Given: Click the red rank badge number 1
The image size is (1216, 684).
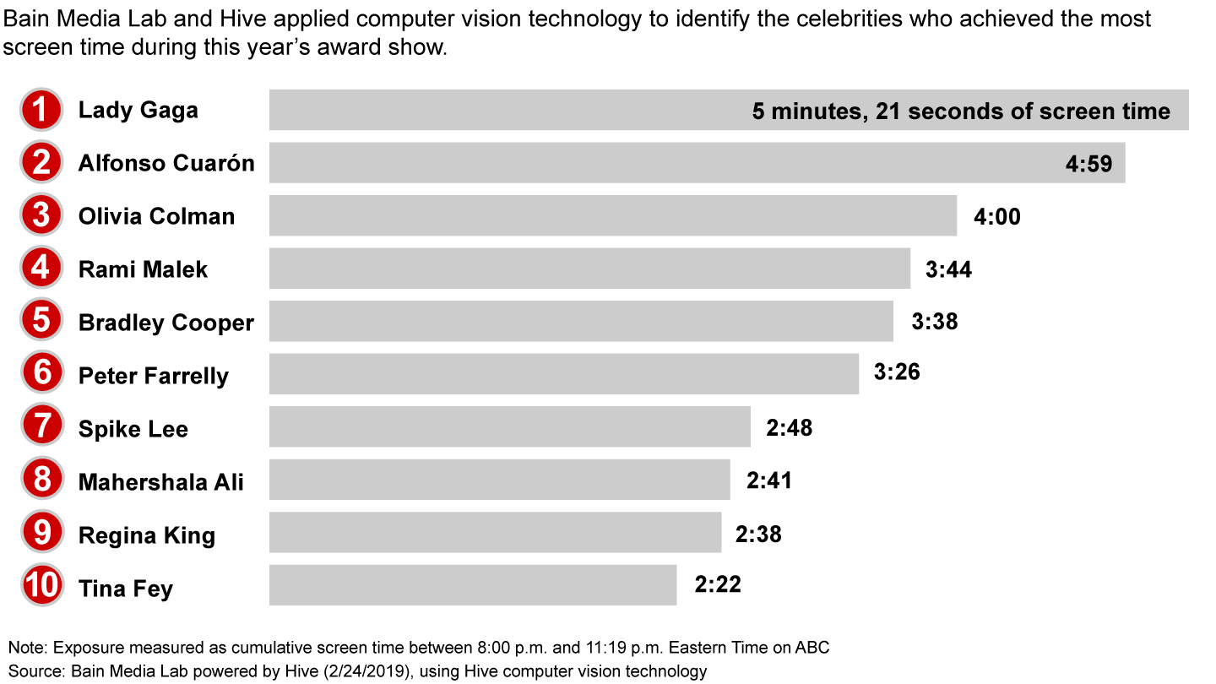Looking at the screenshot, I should pyautogui.click(x=41, y=111).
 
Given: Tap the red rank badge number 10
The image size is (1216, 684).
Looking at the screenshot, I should pyautogui.click(x=41, y=586).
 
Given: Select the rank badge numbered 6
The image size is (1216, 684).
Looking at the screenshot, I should pyautogui.click(x=41, y=374).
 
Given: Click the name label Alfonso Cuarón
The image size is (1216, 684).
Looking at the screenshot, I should pyautogui.click(x=166, y=163).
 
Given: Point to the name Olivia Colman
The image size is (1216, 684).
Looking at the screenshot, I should pyautogui.click(x=156, y=216).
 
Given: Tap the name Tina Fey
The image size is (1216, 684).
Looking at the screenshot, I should pyautogui.click(x=125, y=588).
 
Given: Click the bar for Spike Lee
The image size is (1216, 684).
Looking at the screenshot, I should pyautogui.click(x=509, y=427).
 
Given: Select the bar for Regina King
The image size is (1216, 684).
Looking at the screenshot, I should pyautogui.click(x=495, y=533).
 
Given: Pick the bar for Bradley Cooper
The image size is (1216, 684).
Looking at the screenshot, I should pyautogui.click(x=581, y=322).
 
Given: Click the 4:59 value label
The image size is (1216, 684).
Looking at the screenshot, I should pyautogui.click(x=1094, y=164).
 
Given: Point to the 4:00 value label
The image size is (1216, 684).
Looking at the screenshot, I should pyautogui.click(x=996, y=217).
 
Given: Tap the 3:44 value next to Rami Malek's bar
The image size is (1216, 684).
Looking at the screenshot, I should pyautogui.click(x=948, y=269).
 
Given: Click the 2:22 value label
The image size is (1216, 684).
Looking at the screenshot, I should pyautogui.click(x=718, y=584).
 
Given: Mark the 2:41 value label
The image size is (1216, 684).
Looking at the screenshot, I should pyautogui.click(x=768, y=480).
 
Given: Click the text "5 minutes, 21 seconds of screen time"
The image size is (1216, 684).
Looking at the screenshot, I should pyautogui.click(x=961, y=111).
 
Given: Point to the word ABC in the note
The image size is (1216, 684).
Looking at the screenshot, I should pyautogui.click(x=810, y=648).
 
